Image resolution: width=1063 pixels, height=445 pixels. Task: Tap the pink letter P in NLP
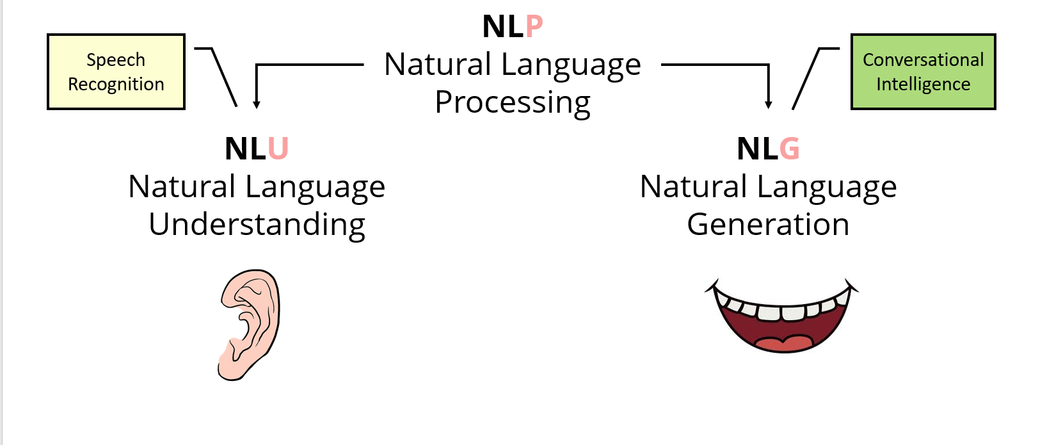click(534, 27)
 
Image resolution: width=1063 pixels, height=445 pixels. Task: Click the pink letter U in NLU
click(278, 149)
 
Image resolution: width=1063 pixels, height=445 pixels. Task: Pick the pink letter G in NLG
click(789, 149)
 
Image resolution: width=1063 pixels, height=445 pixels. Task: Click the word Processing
click(513, 102)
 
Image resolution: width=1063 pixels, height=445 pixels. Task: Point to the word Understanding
click(257, 225)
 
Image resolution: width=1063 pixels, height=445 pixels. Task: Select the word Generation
click(768, 225)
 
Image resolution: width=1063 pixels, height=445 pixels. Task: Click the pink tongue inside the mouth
click(783, 343)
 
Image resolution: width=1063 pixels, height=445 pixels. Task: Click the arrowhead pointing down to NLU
click(256, 104)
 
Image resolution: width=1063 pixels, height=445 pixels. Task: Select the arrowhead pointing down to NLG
click(768, 104)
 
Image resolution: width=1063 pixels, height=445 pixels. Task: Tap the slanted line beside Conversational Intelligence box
click(806, 78)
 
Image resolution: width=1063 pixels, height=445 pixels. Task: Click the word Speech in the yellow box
click(116, 60)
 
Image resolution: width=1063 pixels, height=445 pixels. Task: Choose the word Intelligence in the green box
click(923, 85)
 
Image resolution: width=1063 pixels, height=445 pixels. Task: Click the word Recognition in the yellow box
click(116, 85)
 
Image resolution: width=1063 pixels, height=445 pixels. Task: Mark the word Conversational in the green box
click(923, 60)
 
